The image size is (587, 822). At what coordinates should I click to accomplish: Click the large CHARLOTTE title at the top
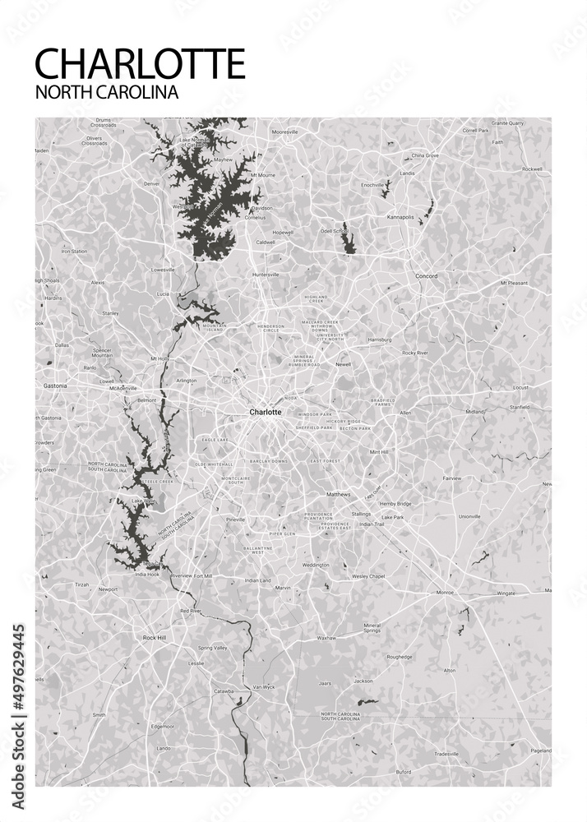(x=141, y=64)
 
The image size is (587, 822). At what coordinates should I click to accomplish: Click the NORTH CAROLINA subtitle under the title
(x=107, y=92)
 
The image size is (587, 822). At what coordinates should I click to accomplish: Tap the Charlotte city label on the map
(x=266, y=412)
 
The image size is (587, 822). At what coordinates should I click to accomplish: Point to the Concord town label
(x=426, y=276)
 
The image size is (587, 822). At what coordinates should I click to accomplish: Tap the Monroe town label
(x=445, y=592)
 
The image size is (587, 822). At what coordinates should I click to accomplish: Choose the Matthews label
(x=338, y=494)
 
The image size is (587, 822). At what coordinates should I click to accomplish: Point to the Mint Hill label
(x=379, y=451)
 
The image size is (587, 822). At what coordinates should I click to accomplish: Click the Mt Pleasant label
(x=514, y=283)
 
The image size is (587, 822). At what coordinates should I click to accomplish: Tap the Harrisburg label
(x=379, y=339)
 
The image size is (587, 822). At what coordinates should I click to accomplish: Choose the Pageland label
(x=540, y=750)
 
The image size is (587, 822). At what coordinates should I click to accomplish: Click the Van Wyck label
(x=262, y=686)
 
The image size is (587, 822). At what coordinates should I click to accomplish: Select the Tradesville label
(x=446, y=753)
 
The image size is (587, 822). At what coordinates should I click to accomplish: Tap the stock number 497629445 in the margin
(x=19, y=681)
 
